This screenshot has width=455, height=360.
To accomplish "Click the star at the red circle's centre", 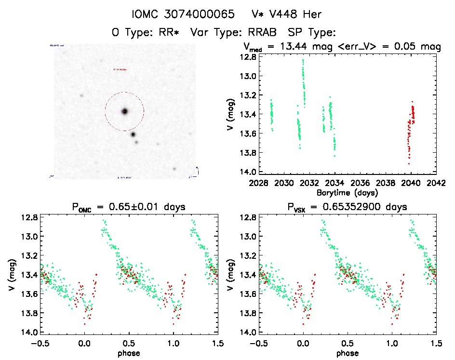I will pyautogui.click(x=124, y=111).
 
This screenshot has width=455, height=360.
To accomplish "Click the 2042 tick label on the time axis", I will pyautogui.click(x=436, y=183).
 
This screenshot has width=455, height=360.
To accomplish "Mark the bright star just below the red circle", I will pyautogui.click(x=133, y=134).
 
